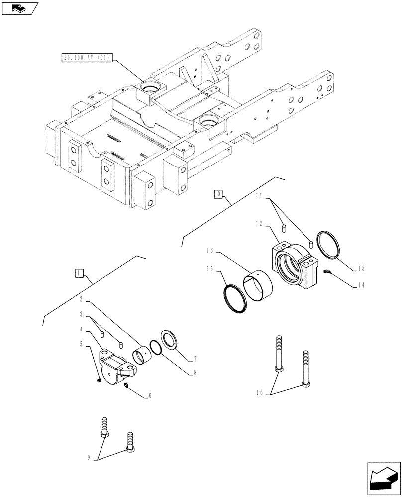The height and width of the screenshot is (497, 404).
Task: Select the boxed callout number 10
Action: coord(217,194)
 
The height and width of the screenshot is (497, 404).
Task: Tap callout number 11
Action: coord(260,197)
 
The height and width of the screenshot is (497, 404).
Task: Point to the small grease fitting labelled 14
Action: coord(327,271)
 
